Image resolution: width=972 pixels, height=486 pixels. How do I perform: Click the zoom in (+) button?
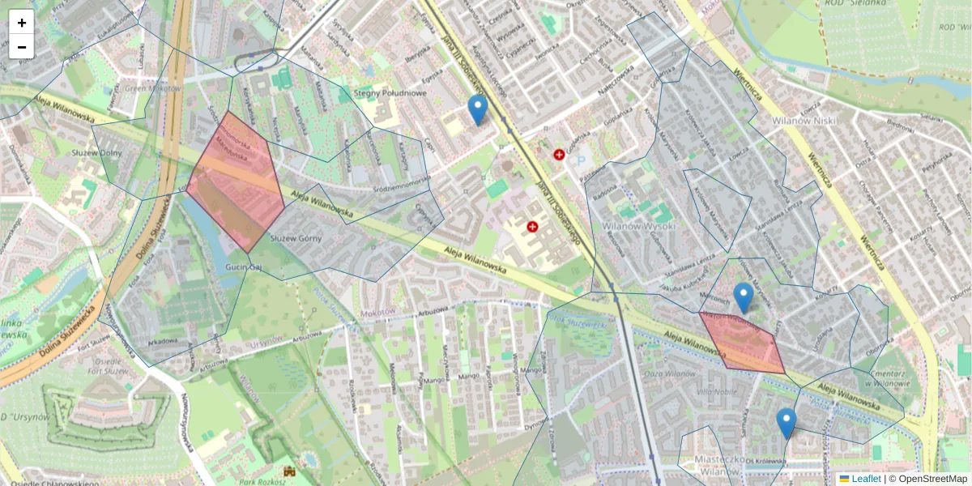coord(22,23)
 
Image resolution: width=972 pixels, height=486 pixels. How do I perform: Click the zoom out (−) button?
coord(22,47)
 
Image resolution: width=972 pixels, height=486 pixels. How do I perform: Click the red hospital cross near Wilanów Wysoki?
coord(532,227)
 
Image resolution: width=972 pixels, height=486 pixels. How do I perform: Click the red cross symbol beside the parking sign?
coord(559,155)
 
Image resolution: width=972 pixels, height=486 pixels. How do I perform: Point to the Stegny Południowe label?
coord(390,93)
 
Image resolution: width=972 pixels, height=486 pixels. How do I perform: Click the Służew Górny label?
coord(296,238)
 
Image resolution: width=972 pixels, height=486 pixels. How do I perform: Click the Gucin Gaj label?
coord(243,266)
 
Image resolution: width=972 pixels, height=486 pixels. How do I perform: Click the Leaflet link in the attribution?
coord(865,479)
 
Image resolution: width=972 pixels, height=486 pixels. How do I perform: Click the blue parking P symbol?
coord(581,160)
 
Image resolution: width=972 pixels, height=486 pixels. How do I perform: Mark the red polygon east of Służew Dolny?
coord(237,182)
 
